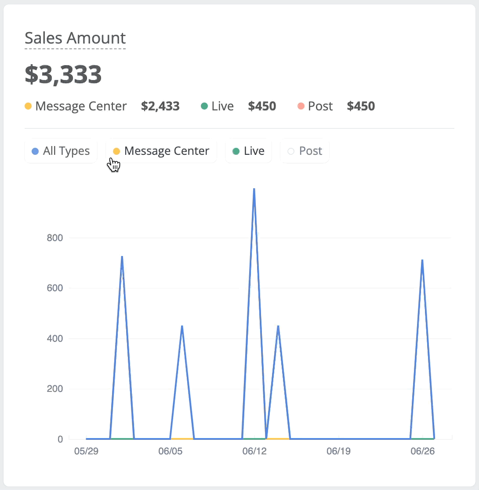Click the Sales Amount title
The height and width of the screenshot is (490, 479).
click(x=75, y=38)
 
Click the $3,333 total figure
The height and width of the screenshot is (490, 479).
click(x=63, y=74)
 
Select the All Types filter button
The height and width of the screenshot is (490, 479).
click(x=61, y=151)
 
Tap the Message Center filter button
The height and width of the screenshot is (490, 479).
click(x=161, y=151)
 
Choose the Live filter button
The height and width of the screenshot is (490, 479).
click(x=249, y=151)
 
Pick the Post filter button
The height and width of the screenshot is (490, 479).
click(x=305, y=151)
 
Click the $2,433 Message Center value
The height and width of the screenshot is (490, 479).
click(x=160, y=106)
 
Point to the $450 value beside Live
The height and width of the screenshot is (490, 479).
click(x=262, y=106)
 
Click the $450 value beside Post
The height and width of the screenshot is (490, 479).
click(x=361, y=106)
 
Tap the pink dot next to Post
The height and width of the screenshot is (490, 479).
click(x=301, y=106)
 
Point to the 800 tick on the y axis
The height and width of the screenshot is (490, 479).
click(x=55, y=238)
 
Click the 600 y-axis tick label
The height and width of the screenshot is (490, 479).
click(x=55, y=288)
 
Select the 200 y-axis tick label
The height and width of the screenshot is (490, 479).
click(x=55, y=388)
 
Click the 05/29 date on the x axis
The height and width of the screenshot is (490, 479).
click(x=86, y=451)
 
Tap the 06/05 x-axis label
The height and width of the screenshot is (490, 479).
click(x=170, y=451)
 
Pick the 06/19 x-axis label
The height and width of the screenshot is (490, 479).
click(x=338, y=451)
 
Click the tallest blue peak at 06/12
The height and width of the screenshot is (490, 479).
click(x=254, y=189)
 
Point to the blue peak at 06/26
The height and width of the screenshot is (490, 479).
click(x=422, y=260)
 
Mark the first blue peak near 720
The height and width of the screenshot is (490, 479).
click(x=122, y=256)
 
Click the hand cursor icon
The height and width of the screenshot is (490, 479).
click(x=114, y=165)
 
